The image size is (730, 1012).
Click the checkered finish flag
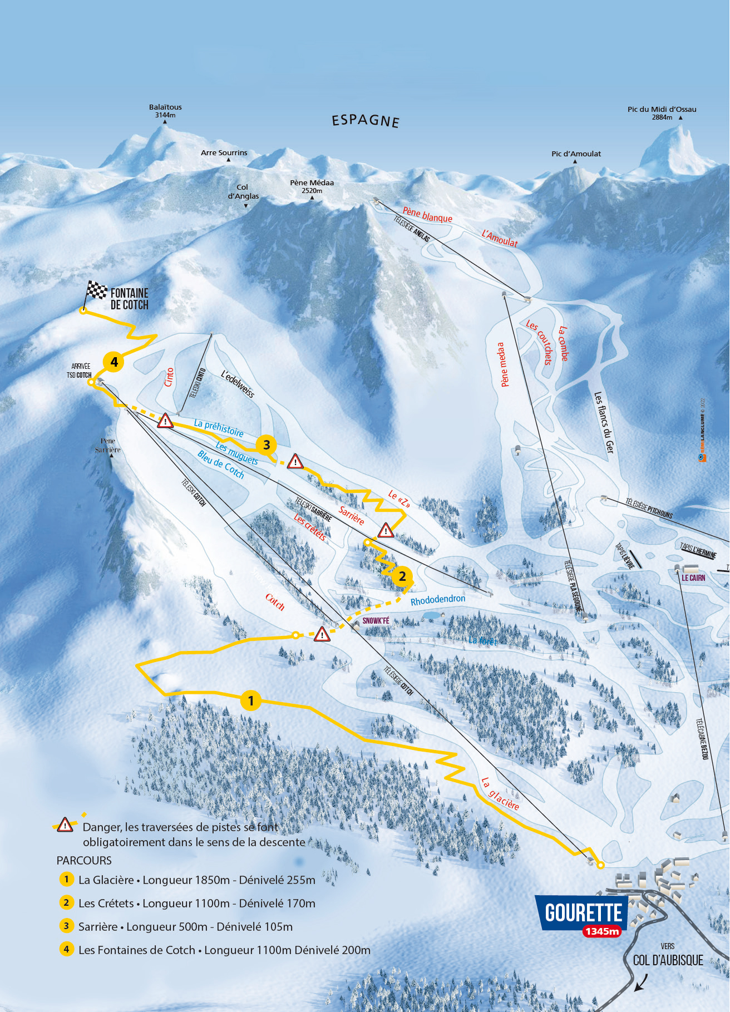97,290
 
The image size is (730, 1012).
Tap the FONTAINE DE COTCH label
130,299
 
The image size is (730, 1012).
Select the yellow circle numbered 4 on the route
114,362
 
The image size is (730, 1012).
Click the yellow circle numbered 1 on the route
251,700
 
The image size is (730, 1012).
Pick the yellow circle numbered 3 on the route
267,445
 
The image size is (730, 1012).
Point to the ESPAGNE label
366,121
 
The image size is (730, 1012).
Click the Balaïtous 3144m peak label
165,111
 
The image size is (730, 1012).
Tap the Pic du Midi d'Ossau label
662,113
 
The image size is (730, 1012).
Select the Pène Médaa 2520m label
312,186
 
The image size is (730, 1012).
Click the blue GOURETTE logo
583,913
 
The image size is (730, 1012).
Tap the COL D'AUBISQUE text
668,960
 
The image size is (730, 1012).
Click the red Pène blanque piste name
427,215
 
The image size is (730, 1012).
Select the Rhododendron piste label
438,599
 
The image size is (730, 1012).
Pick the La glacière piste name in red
500,794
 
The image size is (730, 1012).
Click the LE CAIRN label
693,578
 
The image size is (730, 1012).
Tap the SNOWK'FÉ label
376,620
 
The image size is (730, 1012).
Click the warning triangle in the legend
65,825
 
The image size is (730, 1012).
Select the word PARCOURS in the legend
84,860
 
